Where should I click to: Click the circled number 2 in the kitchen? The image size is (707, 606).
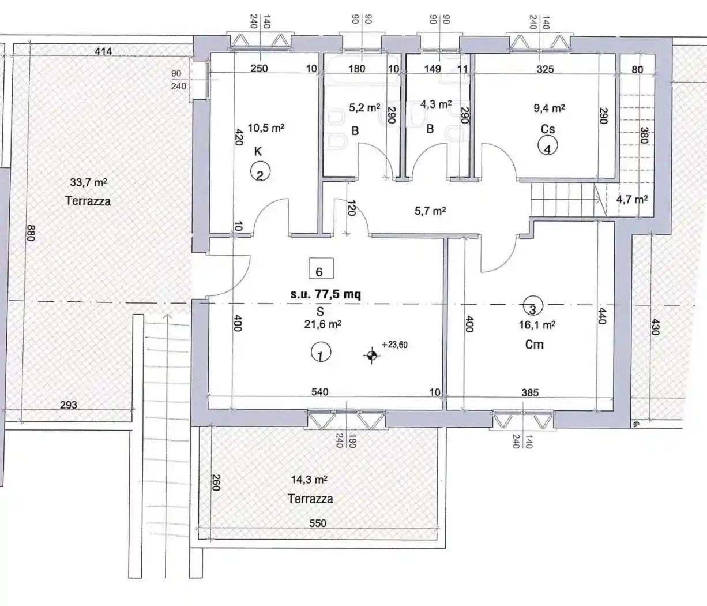click(x=260, y=171)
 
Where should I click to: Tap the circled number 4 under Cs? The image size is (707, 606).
click(x=547, y=145)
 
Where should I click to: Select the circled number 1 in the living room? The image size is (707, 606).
click(x=321, y=351)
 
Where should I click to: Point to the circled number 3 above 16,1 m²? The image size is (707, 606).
click(x=533, y=306)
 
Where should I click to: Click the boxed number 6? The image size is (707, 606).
click(x=321, y=268)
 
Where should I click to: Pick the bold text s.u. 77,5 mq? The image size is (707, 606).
click(x=325, y=294)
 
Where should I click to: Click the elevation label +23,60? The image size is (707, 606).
click(x=394, y=345)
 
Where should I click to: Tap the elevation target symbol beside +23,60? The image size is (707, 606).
click(x=372, y=356)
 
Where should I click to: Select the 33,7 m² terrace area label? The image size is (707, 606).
click(x=88, y=182)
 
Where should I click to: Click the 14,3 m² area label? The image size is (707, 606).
click(x=309, y=480)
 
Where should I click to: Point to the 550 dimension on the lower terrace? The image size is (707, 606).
click(x=318, y=523)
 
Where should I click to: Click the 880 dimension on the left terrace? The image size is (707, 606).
click(x=31, y=233)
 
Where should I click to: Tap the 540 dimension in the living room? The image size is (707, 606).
click(x=320, y=392)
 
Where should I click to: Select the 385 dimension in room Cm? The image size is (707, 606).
click(x=530, y=392)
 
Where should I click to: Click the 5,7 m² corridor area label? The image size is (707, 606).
click(x=430, y=211)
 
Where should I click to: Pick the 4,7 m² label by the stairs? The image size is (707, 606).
click(x=632, y=199)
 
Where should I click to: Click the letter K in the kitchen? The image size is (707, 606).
click(x=258, y=151)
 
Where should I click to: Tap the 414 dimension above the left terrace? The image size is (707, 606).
click(x=103, y=51)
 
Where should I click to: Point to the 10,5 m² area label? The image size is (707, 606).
click(x=266, y=128)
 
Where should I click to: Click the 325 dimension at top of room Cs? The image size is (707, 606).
click(x=545, y=69)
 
